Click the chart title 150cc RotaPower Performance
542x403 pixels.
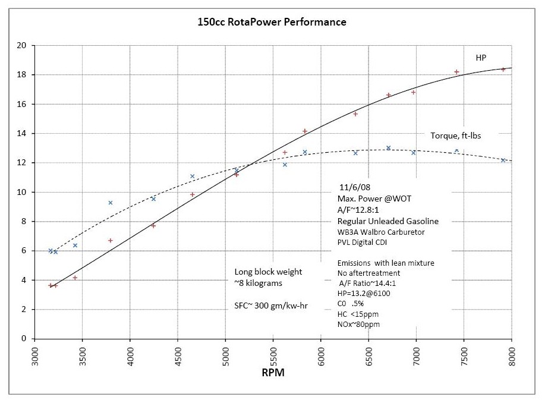(272, 22)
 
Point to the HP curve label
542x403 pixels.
(481, 58)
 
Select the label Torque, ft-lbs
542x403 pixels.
(456, 136)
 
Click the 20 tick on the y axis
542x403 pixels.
(22, 46)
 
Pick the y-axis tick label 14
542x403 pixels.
(22, 134)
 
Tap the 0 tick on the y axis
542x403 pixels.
(24, 339)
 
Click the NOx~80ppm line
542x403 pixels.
(358, 325)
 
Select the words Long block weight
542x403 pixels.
(268, 272)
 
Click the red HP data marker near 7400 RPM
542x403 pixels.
(456, 72)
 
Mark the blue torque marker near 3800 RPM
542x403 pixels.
(110, 203)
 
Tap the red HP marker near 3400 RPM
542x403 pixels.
(75, 278)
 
